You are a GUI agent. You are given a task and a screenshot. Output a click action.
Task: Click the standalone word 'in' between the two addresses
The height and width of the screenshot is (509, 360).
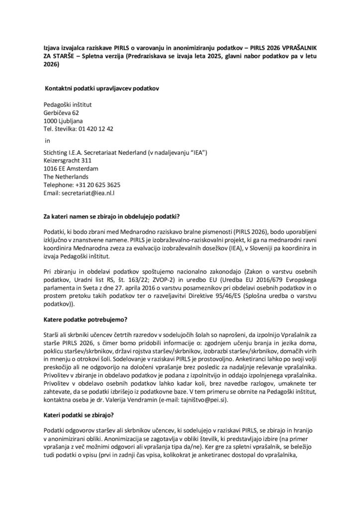47,140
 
